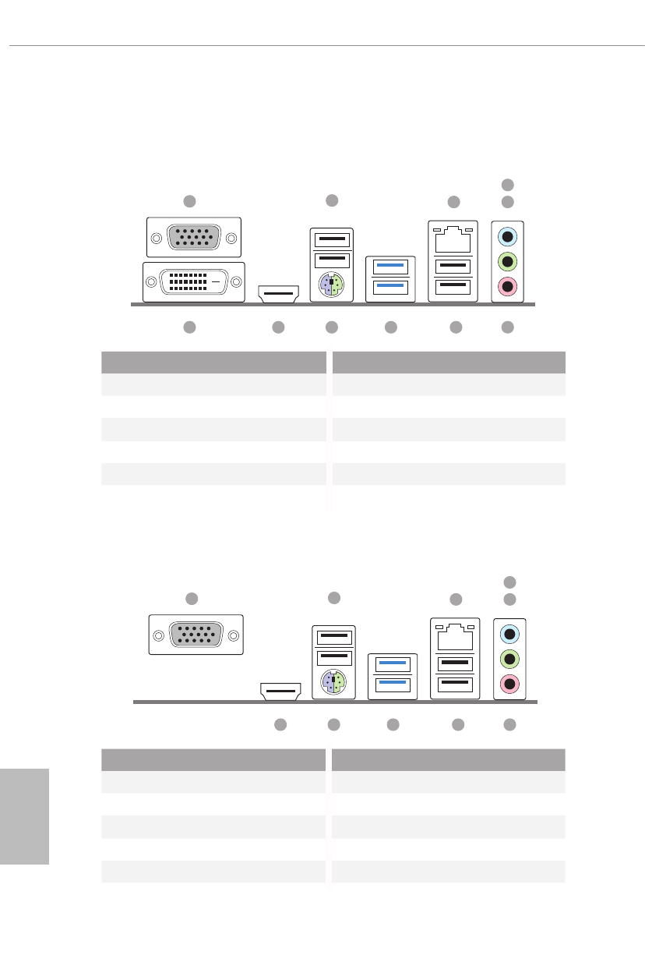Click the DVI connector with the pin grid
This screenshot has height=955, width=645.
click(194, 281)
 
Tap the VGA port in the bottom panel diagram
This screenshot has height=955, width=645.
click(196, 634)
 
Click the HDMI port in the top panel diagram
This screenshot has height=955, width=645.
click(278, 295)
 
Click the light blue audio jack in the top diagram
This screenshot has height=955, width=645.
click(508, 236)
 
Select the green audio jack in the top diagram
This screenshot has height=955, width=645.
click(508, 261)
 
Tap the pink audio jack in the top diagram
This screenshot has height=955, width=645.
click(508, 287)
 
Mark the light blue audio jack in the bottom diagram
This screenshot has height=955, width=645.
click(510, 633)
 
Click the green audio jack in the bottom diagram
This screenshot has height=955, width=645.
click(510, 659)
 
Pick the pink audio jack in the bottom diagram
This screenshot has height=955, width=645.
click(510, 684)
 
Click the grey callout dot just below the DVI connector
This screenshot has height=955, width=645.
click(189, 328)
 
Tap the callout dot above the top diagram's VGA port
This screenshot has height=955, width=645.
click(189, 201)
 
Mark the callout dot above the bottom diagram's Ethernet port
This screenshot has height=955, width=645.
click(456, 600)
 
